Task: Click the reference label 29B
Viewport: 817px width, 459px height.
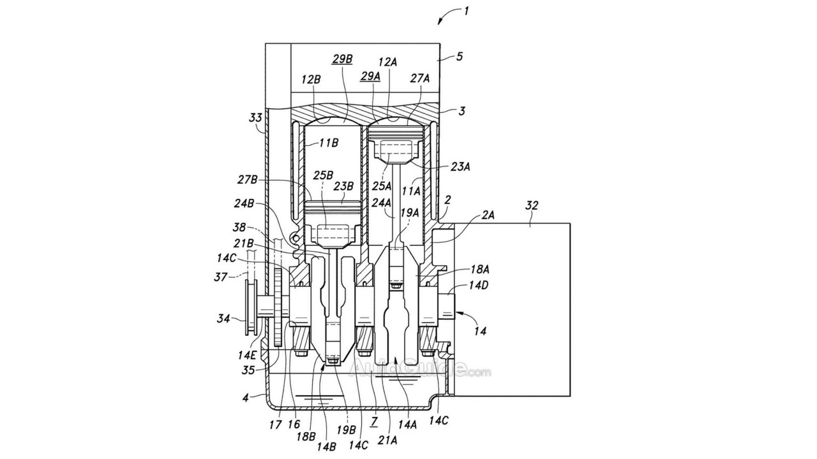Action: point(341,59)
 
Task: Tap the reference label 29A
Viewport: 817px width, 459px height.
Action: point(371,76)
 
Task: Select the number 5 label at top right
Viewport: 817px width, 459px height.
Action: point(459,57)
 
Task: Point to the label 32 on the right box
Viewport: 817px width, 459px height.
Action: point(532,206)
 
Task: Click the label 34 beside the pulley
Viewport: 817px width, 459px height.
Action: point(223,319)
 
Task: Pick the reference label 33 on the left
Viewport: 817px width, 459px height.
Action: point(256,118)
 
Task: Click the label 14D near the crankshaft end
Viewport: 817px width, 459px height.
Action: point(477,285)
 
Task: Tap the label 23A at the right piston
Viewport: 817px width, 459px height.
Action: point(461,167)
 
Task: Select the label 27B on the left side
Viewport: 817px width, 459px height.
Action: point(248,180)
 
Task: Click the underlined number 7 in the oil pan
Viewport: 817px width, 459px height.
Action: point(373,421)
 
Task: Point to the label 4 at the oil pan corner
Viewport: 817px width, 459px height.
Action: point(246,397)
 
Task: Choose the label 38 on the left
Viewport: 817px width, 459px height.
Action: point(239,228)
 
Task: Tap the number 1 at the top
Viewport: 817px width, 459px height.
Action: point(466,11)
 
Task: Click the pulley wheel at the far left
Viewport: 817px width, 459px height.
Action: point(251,308)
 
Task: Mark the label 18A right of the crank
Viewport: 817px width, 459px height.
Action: point(479,270)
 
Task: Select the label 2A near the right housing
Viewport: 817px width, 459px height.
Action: point(488,215)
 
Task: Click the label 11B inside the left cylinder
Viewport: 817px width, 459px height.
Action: point(328,143)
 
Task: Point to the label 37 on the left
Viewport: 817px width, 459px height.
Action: point(220,277)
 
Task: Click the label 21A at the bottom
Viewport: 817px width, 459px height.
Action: point(387,441)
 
